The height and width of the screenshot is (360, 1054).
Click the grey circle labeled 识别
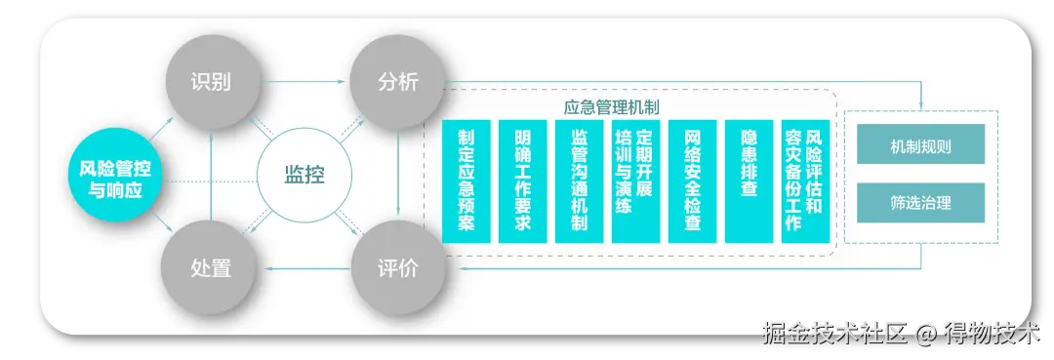[211, 82]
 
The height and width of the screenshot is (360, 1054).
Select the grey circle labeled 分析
[398, 82]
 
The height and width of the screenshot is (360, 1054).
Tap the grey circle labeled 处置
[211, 268]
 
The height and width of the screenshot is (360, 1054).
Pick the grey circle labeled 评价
[398, 268]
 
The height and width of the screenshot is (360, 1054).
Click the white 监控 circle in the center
[304, 176]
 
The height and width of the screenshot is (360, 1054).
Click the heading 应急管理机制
[611, 106]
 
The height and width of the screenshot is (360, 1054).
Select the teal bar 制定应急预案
[466, 181]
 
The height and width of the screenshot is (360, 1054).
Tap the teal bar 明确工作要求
[523, 181]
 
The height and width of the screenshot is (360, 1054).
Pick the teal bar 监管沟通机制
[580, 181]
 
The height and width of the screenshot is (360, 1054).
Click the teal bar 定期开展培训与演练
[636, 181]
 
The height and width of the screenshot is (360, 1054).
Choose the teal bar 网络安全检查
[692, 181]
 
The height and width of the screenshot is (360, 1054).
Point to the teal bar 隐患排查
[749, 181]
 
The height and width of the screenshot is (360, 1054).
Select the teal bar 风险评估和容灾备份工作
[805, 181]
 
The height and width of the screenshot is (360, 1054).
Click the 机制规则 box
[921, 143]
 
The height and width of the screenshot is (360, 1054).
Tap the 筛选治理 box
[921, 203]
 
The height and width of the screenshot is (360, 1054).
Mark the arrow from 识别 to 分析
[304, 82]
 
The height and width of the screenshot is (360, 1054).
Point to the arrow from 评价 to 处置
[304, 268]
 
